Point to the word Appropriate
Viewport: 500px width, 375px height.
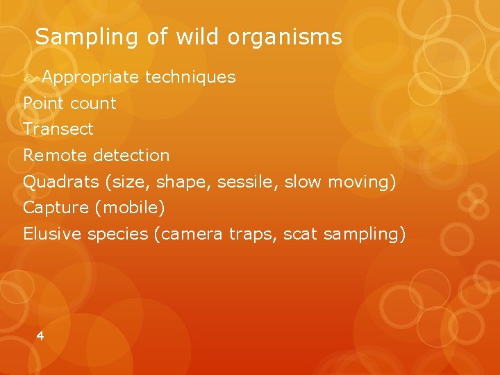(90, 78)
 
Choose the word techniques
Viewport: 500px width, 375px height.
(190, 77)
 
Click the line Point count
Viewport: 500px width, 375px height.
(69, 103)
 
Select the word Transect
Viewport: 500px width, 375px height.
(58, 129)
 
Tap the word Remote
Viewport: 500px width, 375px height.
(56, 156)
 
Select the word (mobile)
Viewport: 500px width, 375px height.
(130, 208)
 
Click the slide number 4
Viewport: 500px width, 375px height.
(40, 336)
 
